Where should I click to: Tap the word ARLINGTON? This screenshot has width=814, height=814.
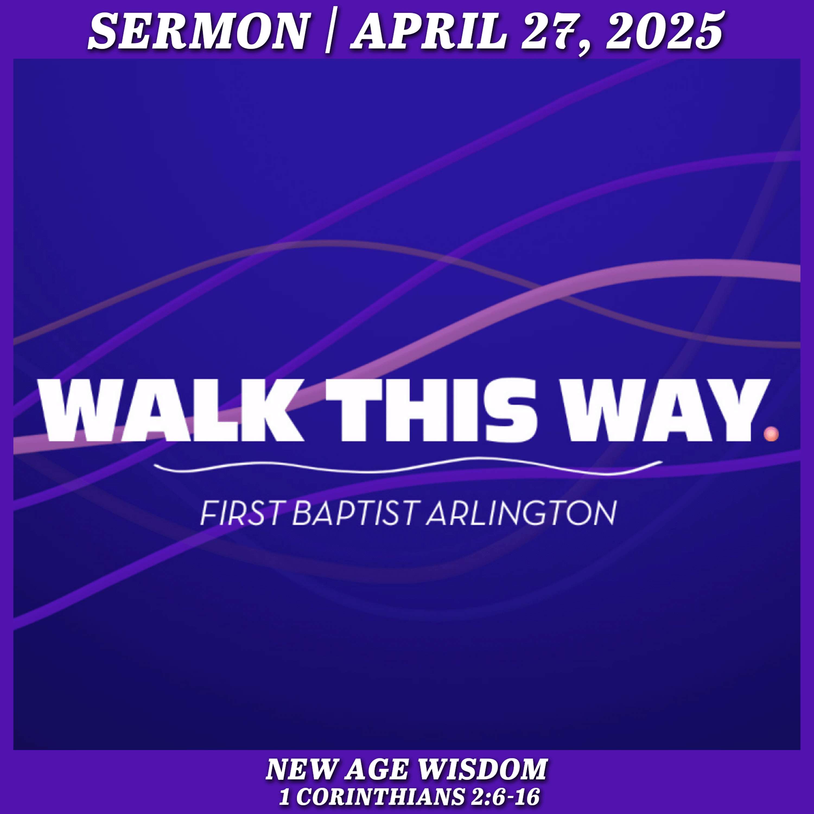click(521, 513)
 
